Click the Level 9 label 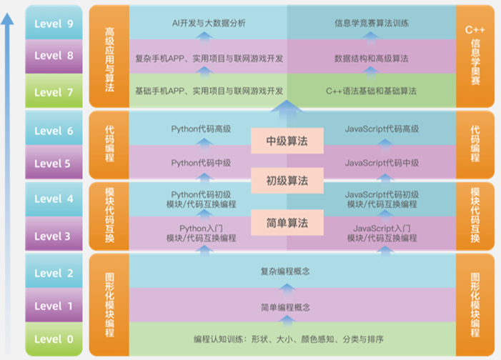coord(53,24)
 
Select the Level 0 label coord(53,339)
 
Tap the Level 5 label coord(53,164)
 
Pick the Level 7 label coord(53,92)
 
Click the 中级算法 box coord(287,141)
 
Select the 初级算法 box coord(287,180)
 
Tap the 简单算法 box coord(287,223)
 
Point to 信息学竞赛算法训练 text coord(372,23)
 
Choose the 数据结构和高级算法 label coord(372,57)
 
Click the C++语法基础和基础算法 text coord(372,91)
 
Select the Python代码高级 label coord(201,129)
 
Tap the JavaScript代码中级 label coord(382,163)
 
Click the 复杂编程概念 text coord(285,271)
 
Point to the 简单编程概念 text coord(285,307)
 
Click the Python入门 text coord(201,229)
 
